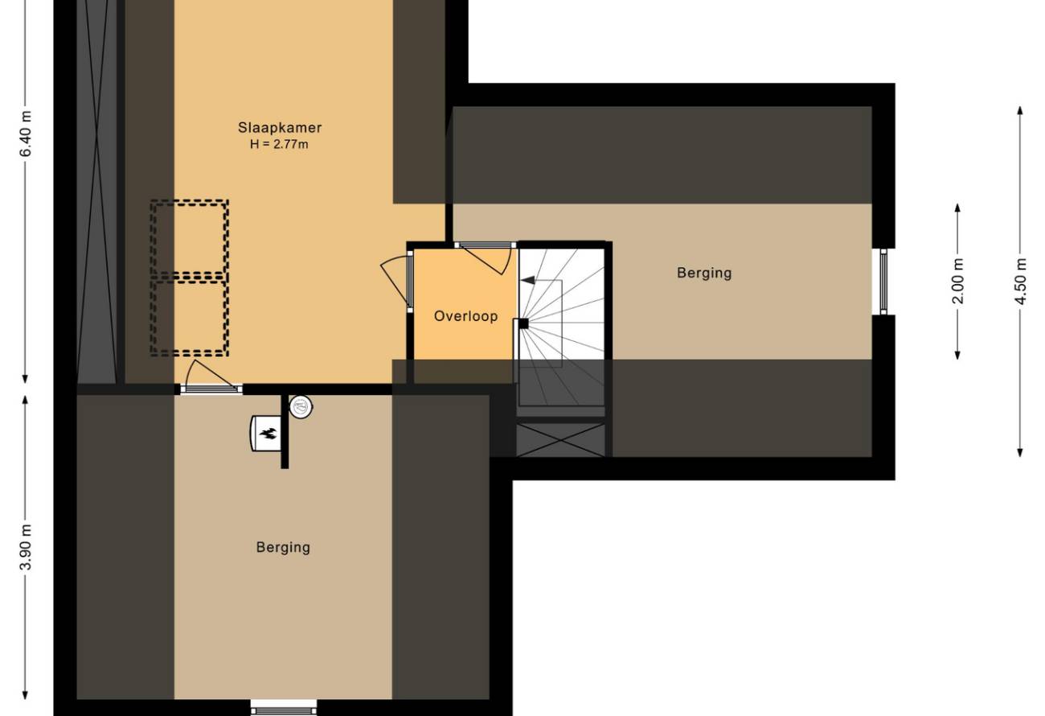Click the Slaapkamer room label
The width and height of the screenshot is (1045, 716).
(x=280, y=127)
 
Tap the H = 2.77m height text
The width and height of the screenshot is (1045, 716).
(x=279, y=144)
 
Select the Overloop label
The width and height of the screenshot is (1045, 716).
(x=465, y=316)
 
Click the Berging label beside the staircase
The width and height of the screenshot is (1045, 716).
(x=704, y=273)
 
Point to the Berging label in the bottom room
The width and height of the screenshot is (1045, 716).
(x=283, y=547)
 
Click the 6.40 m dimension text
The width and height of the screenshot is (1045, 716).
(x=26, y=134)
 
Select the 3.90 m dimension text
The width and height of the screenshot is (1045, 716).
(x=26, y=547)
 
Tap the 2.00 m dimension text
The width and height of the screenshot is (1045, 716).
(x=957, y=281)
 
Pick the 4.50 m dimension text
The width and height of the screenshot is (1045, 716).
(x=1020, y=281)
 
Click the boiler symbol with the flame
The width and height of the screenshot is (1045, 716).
(x=267, y=433)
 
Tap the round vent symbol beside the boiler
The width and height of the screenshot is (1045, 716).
(x=301, y=407)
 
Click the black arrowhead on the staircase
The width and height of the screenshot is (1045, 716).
(x=527, y=281)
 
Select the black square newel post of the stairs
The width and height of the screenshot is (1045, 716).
(x=523, y=323)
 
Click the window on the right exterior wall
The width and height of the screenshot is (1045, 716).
(x=883, y=281)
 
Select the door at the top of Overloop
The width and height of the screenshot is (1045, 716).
(x=486, y=258)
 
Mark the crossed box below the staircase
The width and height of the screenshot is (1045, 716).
(x=561, y=440)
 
